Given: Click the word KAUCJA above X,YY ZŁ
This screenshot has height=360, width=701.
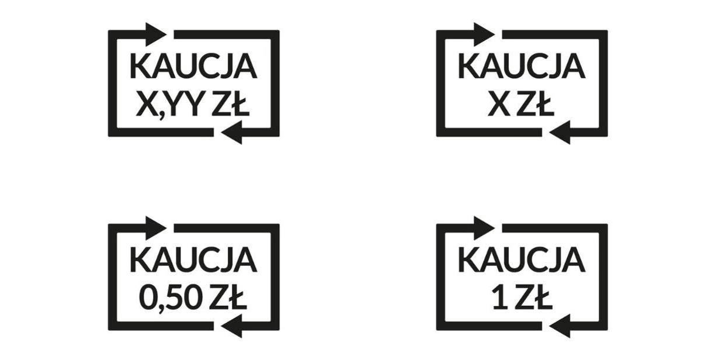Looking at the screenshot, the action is point(193,66).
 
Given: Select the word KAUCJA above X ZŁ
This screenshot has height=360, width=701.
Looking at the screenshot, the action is point(522,66).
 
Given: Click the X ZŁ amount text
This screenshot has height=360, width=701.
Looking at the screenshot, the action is point(520,103).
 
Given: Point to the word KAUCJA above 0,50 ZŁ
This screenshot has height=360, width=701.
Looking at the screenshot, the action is point(193,259).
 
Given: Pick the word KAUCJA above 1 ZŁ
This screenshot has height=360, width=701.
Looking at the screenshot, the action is point(522,259).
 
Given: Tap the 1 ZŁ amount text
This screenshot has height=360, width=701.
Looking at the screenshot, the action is point(522,297).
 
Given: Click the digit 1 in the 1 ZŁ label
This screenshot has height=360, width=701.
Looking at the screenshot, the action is point(500,297).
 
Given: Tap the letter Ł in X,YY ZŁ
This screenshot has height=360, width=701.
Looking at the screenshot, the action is point(240,103).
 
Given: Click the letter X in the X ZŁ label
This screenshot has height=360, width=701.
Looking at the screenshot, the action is point(499,103).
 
